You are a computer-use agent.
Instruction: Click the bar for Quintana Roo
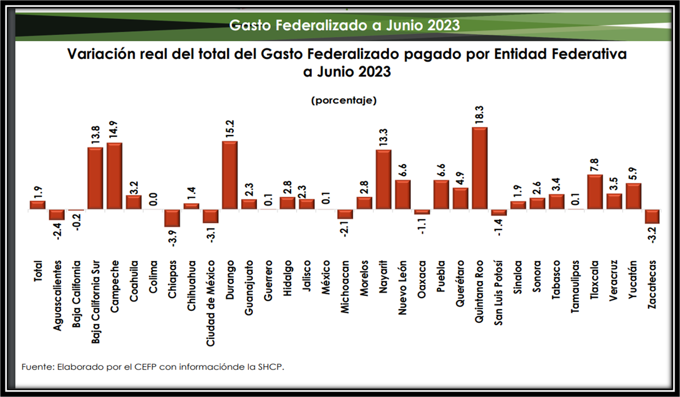(480, 168)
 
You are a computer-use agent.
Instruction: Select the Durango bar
(230, 175)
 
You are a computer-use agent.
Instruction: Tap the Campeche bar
(114, 176)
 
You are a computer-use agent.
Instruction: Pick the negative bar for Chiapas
(172, 218)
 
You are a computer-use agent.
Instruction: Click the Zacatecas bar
(653, 216)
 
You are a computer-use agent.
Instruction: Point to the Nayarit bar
(383, 180)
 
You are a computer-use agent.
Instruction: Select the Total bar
(37, 205)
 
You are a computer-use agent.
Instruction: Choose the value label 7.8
(595, 164)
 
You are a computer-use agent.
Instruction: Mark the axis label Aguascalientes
(57, 295)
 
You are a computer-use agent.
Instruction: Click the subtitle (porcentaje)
(343, 100)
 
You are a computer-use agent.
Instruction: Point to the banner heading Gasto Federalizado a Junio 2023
(344, 25)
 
